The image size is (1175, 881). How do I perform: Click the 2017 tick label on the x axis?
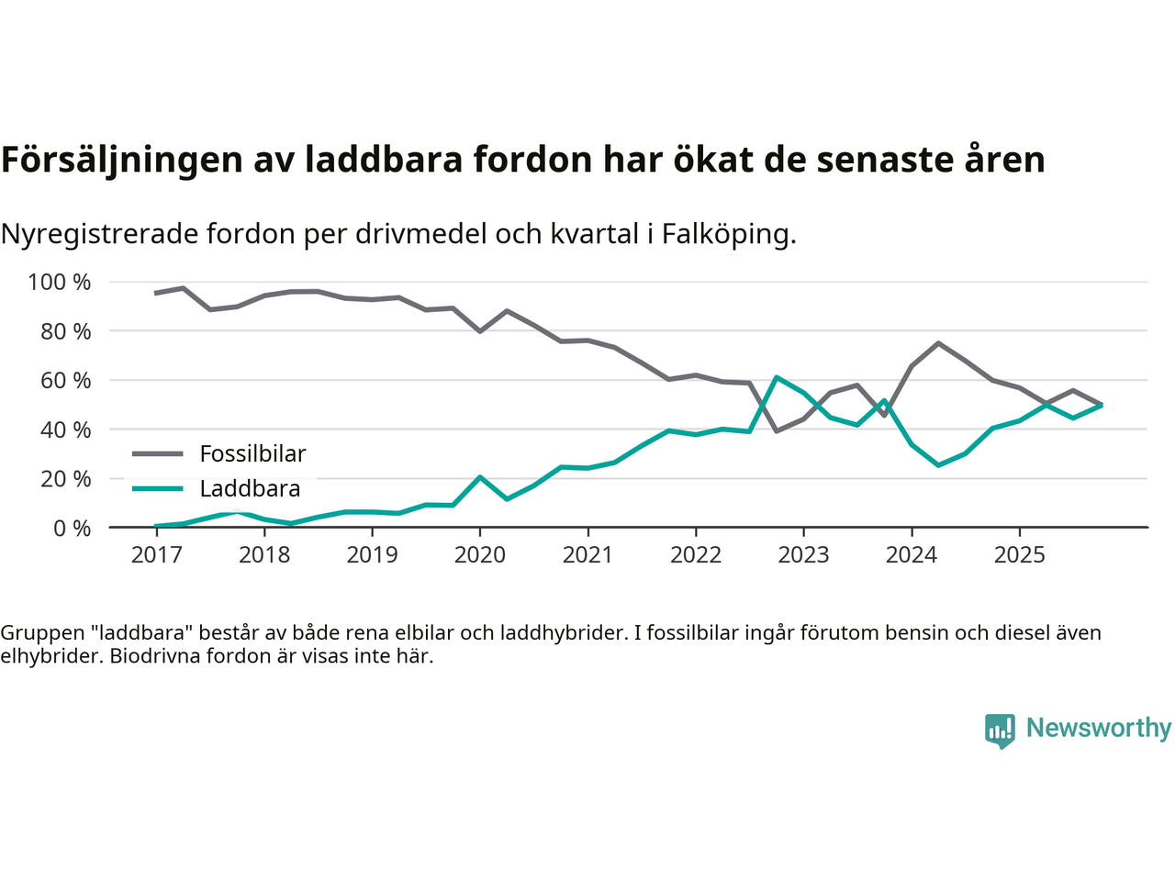[156, 554]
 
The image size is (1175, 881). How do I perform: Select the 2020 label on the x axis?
[480, 554]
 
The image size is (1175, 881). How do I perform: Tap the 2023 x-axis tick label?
[803, 554]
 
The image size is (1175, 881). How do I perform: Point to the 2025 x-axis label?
[1019, 554]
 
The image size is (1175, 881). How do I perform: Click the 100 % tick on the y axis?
[60, 282]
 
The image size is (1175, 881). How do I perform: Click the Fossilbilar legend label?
[252, 453]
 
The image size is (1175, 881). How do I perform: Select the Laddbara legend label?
[250, 488]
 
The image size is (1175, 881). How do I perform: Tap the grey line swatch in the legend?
[158, 453]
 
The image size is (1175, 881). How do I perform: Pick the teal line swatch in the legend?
[158, 488]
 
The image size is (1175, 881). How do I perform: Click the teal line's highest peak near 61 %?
[777, 377]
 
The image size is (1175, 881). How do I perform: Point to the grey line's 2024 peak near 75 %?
[938, 343]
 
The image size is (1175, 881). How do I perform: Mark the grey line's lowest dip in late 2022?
[777, 430]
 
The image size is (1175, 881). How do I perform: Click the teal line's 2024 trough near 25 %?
[938, 465]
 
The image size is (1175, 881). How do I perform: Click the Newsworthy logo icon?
[1000, 730]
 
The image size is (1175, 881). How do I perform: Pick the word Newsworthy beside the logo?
[1099, 728]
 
